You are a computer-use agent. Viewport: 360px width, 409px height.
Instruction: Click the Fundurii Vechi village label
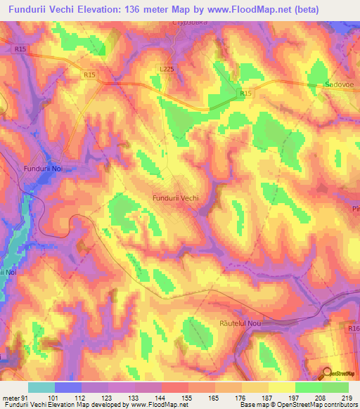[x=175, y=198]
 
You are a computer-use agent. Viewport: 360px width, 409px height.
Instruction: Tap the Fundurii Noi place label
[x=44, y=169]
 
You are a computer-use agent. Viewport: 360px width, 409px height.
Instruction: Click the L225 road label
[x=167, y=69]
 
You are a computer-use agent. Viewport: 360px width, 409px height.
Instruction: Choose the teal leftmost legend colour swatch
[x=41, y=387]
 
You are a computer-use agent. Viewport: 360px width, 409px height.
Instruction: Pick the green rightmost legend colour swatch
[x=335, y=387]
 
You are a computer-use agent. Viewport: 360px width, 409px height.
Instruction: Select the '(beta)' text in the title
[x=300, y=10]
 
